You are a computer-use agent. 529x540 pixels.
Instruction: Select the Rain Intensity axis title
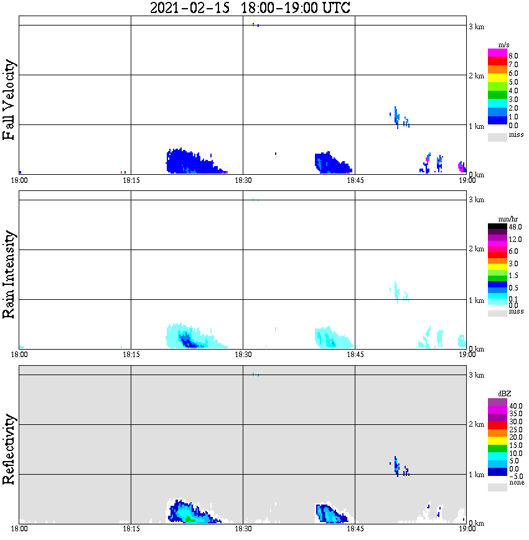tap(9, 274)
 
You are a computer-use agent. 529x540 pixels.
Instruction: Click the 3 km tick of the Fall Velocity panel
tap(476, 26)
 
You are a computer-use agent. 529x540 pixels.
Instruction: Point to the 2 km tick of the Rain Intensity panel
tap(476, 249)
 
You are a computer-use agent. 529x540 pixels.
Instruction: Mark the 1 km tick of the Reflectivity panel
tap(476, 475)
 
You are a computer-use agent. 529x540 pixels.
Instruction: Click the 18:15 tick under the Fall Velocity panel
tap(131, 180)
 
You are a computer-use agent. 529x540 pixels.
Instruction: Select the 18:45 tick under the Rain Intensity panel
tap(355, 355)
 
